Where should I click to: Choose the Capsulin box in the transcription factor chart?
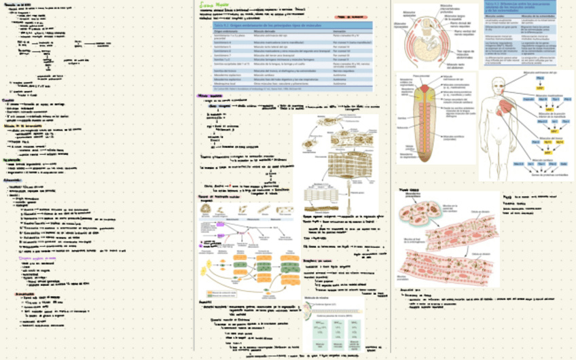[x=529, y=99]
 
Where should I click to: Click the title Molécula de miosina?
[x=317, y=299]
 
